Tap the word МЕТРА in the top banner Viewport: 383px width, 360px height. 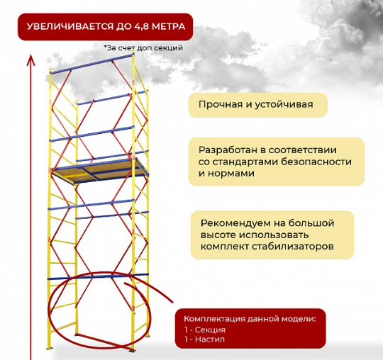169,26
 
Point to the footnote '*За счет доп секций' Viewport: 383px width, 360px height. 143,48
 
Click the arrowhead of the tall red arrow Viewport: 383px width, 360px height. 30,60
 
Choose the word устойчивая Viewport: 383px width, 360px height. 284,105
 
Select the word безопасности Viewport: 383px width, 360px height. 316,162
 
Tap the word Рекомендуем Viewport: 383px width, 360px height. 236,223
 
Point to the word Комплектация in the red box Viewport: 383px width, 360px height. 214,319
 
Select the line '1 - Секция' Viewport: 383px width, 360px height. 205,330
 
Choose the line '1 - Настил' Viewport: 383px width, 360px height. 204,339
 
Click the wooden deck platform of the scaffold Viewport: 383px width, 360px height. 100,170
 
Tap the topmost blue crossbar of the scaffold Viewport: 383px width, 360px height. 91,64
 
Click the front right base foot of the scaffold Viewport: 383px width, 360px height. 132,350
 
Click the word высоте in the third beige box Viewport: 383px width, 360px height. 218,235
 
